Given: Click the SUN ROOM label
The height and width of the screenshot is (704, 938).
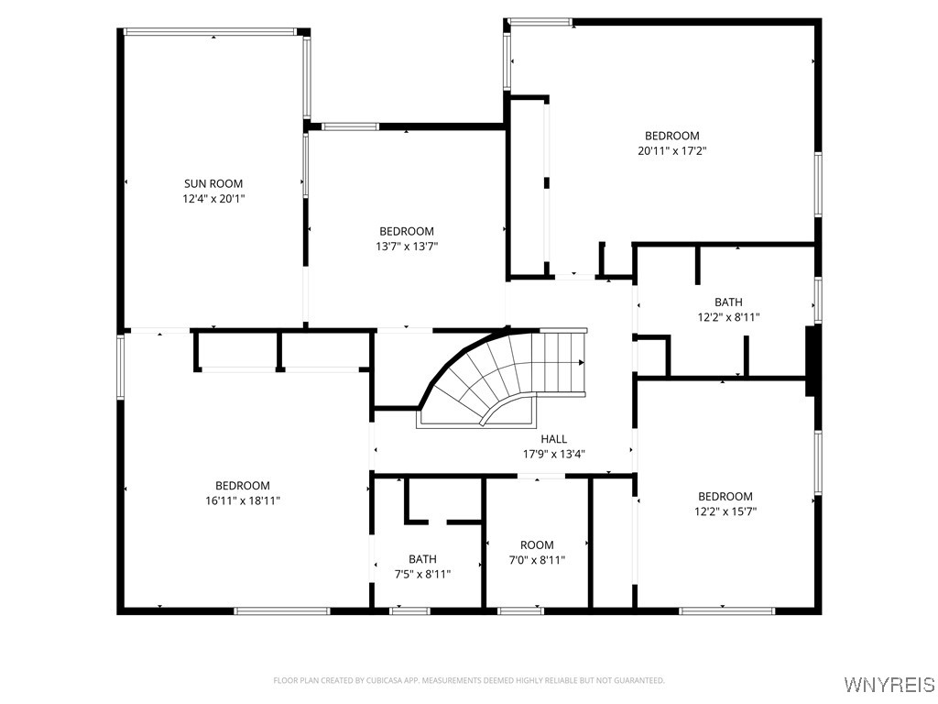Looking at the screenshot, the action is click(x=213, y=183).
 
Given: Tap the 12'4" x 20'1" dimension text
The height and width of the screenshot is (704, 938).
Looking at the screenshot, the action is click(x=213, y=199).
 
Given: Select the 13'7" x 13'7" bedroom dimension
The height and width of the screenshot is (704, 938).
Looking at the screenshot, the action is click(x=407, y=246).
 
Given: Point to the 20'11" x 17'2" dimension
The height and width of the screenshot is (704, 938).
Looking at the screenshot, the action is click(x=671, y=151).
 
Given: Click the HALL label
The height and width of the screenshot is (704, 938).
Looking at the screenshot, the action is click(x=553, y=439).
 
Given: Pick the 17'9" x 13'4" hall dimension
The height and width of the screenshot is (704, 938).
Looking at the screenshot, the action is click(x=554, y=454).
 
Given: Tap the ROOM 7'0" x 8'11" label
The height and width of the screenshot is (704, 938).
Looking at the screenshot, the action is click(x=537, y=553).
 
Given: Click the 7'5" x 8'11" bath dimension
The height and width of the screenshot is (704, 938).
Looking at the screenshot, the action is click(x=422, y=574).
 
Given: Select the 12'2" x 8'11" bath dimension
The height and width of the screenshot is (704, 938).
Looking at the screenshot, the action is click(x=728, y=316).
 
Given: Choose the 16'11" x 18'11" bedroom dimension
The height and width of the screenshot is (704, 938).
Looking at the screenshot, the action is click(x=243, y=500).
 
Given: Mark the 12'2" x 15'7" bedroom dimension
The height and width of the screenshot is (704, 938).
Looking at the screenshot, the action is click(x=725, y=511).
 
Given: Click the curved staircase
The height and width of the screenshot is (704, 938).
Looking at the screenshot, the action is click(x=503, y=377).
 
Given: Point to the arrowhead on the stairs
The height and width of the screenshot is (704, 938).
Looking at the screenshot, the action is click(x=582, y=362).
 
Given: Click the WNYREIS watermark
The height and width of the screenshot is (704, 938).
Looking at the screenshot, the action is click(x=889, y=684).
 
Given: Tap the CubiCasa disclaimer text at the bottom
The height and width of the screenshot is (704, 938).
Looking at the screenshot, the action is click(x=469, y=680).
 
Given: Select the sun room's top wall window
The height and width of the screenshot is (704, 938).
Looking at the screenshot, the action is click(x=210, y=32).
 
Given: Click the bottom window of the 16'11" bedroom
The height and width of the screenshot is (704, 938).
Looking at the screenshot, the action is click(x=282, y=611).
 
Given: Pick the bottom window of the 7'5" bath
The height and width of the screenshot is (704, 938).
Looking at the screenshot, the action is click(x=409, y=611).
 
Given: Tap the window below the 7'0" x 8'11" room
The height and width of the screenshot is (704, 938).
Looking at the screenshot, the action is click(x=521, y=611).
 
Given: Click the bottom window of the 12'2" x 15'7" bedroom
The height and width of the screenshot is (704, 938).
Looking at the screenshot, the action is click(x=726, y=611).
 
